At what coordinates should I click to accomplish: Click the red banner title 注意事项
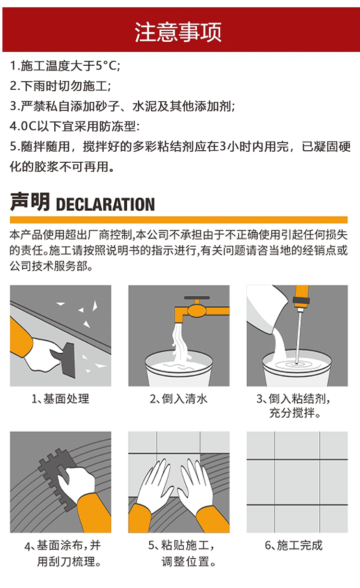point(178,32)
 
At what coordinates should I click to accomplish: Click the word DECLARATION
point(105,204)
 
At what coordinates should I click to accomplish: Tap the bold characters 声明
point(30,202)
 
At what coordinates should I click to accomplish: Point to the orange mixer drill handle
point(301,297)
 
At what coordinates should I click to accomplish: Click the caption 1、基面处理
point(60,399)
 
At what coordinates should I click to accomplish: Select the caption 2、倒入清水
point(179,399)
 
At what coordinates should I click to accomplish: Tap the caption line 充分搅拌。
point(295,413)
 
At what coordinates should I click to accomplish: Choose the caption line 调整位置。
point(188,562)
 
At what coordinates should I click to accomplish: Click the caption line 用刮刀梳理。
point(69,562)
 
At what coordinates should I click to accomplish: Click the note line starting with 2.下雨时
point(60,86)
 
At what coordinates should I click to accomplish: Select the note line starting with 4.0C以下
point(74,126)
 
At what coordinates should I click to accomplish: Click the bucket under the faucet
point(179,368)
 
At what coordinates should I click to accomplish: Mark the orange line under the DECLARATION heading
point(179,220)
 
